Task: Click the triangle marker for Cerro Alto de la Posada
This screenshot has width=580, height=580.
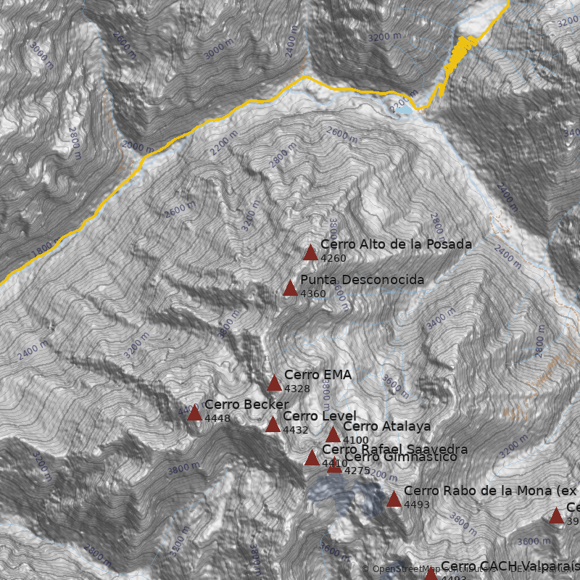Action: tap(310, 253)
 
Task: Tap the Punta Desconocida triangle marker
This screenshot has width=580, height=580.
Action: tap(290, 289)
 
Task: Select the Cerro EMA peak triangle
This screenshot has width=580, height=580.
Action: tap(274, 384)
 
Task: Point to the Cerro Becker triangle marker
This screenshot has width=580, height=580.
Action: tap(194, 413)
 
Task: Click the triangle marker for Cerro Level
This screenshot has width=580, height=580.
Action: tap(273, 425)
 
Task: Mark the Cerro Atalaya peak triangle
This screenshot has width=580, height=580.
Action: tap(333, 435)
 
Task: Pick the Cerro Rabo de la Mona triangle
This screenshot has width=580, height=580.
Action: tap(394, 500)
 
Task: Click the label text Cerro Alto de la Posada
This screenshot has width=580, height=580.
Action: tap(396, 244)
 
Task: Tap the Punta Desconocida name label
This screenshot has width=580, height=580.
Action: tap(362, 280)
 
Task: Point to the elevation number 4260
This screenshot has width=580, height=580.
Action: tap(333, 258)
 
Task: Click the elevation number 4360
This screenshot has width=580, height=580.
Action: tap(313, 294)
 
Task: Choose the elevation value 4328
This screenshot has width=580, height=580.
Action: tap(297, 389)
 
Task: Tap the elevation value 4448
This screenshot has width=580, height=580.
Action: tap(217, 418)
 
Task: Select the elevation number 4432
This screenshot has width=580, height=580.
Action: tap(296, 430)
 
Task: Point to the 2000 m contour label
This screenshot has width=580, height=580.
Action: tap(138, 146)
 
